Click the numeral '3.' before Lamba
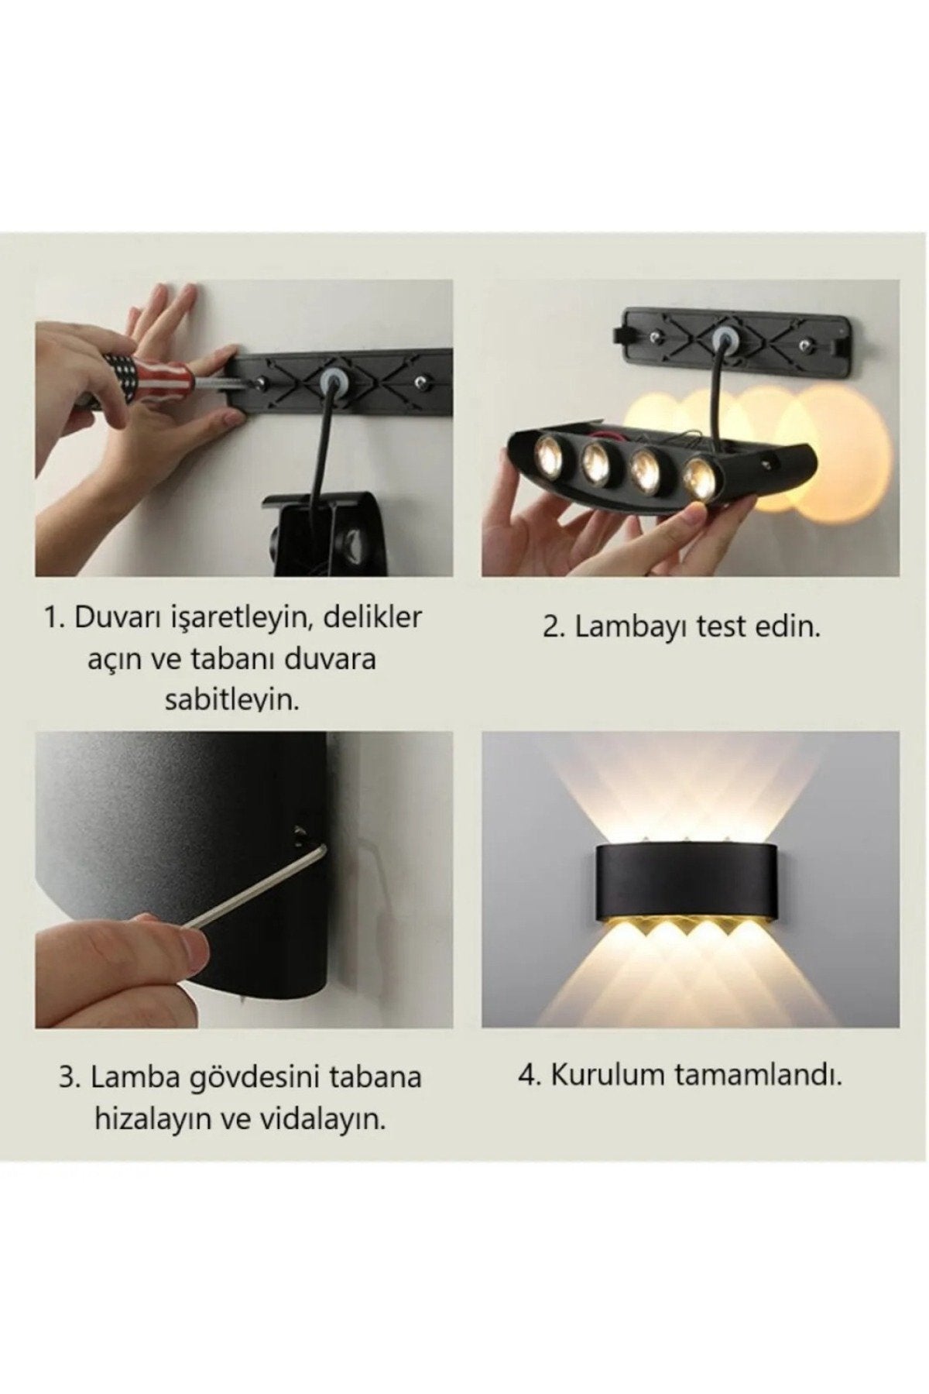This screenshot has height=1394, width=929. (70, 1077)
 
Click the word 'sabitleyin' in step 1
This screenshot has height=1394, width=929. (231, 700)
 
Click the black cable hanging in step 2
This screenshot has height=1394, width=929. (718, 395)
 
